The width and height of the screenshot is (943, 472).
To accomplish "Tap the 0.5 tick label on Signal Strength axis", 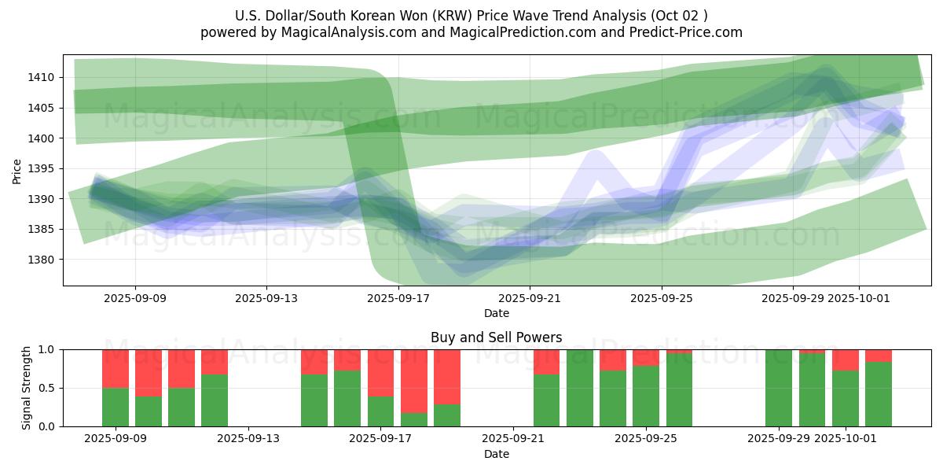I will coord(47,388).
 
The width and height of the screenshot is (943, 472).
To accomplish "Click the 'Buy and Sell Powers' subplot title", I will coord(496,337).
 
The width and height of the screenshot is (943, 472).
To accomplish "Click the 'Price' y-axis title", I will coord(17,171).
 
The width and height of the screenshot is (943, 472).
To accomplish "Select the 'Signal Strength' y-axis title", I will coord(27,388).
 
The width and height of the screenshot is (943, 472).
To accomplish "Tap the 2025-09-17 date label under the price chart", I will coord(398,298).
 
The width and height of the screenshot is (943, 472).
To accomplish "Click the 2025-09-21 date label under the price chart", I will coord(530,298).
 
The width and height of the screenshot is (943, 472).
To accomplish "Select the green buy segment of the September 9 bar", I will coord(116,407).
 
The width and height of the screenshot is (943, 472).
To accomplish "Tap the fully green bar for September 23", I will coord(580,388).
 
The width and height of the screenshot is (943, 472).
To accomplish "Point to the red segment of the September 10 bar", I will coord(149,372).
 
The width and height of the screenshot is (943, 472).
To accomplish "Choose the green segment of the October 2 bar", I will coord(879,393).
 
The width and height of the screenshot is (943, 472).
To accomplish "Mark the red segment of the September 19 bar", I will coord(447,376).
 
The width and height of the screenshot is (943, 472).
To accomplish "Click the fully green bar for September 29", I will coord(779,388).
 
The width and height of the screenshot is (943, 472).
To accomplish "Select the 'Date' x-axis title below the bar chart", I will coord(496,454).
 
